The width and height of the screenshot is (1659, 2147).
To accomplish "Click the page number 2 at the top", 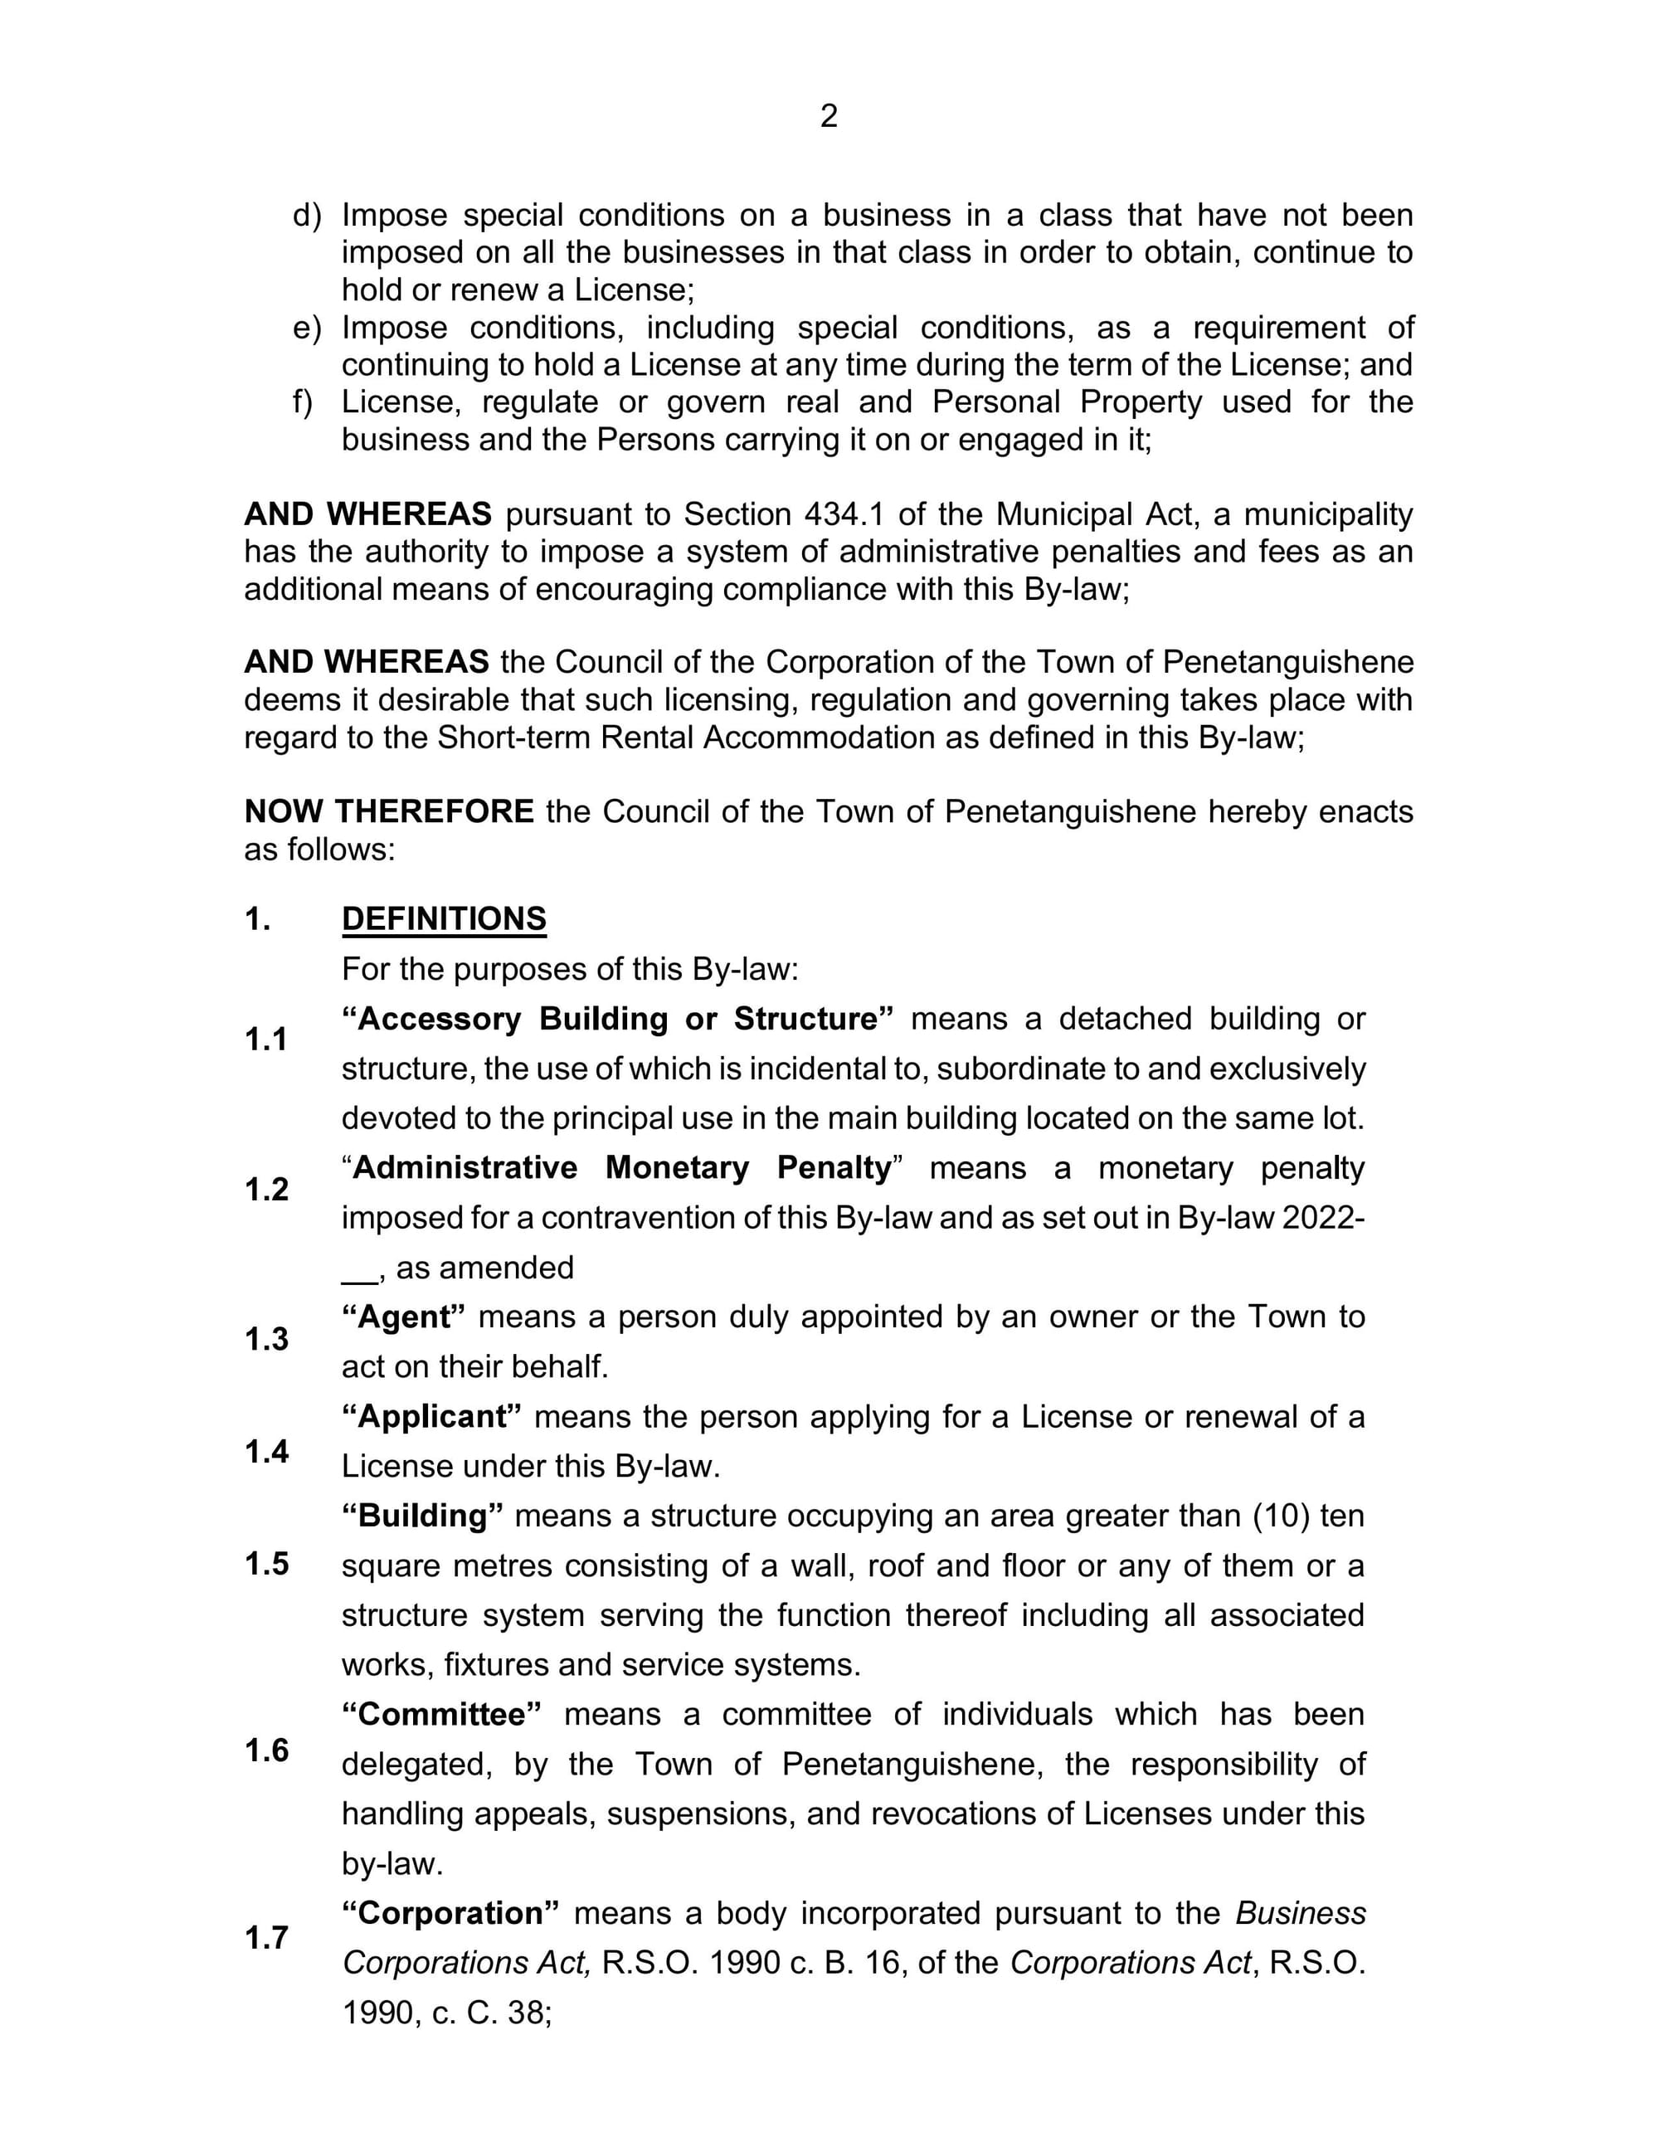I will [829, 116].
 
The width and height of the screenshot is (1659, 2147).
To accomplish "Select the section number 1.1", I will [265, 1039].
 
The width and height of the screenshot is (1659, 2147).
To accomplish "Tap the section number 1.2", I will [266, 1190].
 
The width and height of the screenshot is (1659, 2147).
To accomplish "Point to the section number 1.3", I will [266, 1339].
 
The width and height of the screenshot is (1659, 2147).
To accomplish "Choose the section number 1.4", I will [266, 1451].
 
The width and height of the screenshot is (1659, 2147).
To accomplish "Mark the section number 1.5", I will [266, 1563].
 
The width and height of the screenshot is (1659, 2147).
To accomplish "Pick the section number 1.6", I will [266, 1750].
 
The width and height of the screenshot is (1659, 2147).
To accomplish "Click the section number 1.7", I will [266, 1938].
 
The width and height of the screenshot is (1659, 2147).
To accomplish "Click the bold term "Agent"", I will [404, 1317].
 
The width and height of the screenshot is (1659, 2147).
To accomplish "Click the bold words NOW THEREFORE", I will [389, 812].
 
